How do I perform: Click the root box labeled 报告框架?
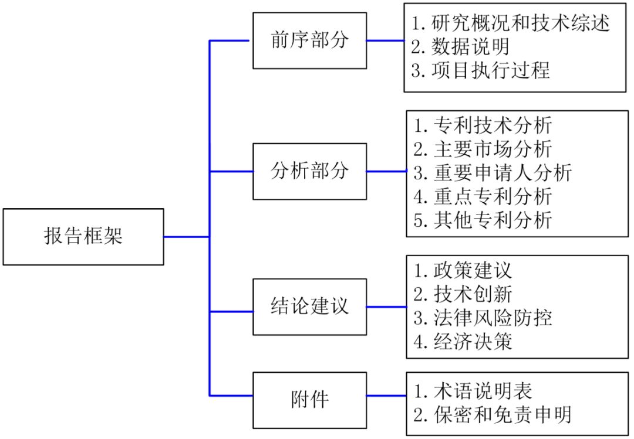pyautogui.click(x=83, y=237)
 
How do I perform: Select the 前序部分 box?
pyautogui.click(x=309, y=40)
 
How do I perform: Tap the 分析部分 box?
pyautogui.click(x=309, y=171)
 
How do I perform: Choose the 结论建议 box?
pyautogui.click(x=309, y=307)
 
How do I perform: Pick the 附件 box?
pyautogui.click(x=309, y=400)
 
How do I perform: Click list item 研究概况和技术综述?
pyautogui.click(x=511, y=23)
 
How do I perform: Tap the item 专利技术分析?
pyautogui.click(x=483, y=125)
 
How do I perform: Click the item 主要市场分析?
pyautogui.click(x=483, y=149)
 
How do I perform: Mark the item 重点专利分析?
pyautogui.click(x=483, y=196)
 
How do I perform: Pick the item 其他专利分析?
pyautogui.click(x=483, y=220)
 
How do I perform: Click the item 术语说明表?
pyautogui.click(x=473, y=390)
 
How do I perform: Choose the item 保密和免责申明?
pyautogui.click(x=492, y=414)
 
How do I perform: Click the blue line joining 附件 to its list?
pyautogui.click(x=386, y=396)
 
